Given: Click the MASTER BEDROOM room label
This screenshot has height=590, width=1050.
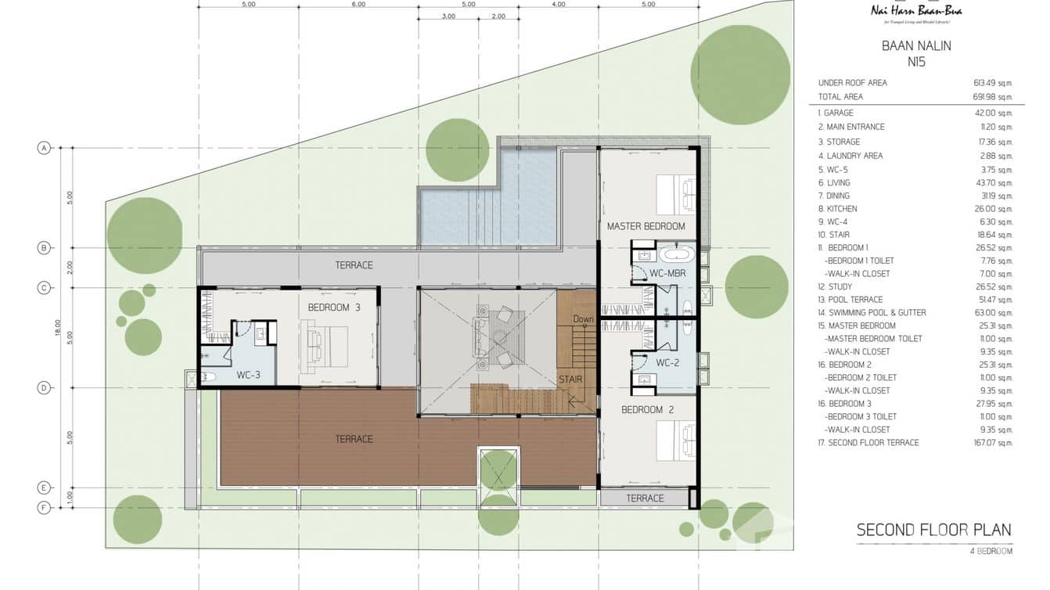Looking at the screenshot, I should [645, 226].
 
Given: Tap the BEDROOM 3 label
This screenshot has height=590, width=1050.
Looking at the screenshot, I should [334, 308].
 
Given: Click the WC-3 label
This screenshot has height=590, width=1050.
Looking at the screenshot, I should [248, 376].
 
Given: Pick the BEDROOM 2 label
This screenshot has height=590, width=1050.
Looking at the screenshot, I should [647, 410].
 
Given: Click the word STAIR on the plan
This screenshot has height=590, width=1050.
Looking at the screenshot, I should [570, 380].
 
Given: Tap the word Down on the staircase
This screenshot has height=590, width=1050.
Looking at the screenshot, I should [583, 319].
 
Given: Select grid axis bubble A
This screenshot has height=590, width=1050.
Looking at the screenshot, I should [45, 148].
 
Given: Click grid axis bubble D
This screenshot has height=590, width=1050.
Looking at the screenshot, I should [45, 388].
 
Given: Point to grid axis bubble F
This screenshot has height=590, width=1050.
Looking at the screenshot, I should [45, 508].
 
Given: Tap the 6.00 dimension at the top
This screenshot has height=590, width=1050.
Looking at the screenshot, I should [358, 5].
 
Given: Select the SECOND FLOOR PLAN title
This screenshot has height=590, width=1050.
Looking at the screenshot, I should [933, 530].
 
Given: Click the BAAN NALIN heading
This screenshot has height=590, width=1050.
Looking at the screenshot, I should [916, 46].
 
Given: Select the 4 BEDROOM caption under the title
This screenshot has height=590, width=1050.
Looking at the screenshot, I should [990, 552].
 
